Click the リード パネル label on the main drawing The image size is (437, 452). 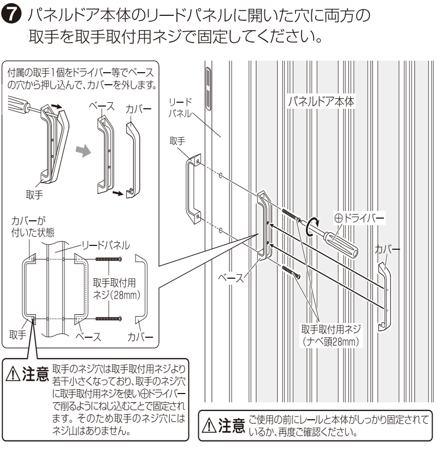(x=180, y=107)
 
